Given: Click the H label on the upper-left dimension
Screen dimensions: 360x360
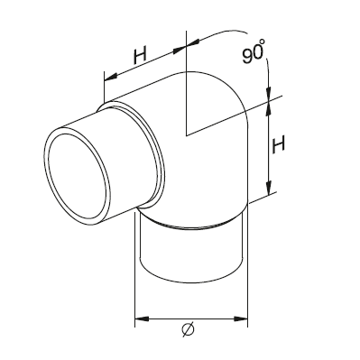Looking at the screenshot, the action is (140, 57).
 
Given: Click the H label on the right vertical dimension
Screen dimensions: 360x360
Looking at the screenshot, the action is (278, 144).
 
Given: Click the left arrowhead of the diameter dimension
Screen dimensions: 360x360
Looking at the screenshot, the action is (143, 318).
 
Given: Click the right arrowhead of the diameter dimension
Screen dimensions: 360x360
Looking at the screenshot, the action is (240, 318).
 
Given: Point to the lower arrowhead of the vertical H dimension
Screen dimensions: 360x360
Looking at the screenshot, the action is (270, 187).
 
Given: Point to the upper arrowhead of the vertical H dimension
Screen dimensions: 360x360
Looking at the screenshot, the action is (267, 109).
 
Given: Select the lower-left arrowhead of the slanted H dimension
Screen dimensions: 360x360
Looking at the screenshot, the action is (111, 77).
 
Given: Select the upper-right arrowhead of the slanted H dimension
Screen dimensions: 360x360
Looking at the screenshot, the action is (180, 50).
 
